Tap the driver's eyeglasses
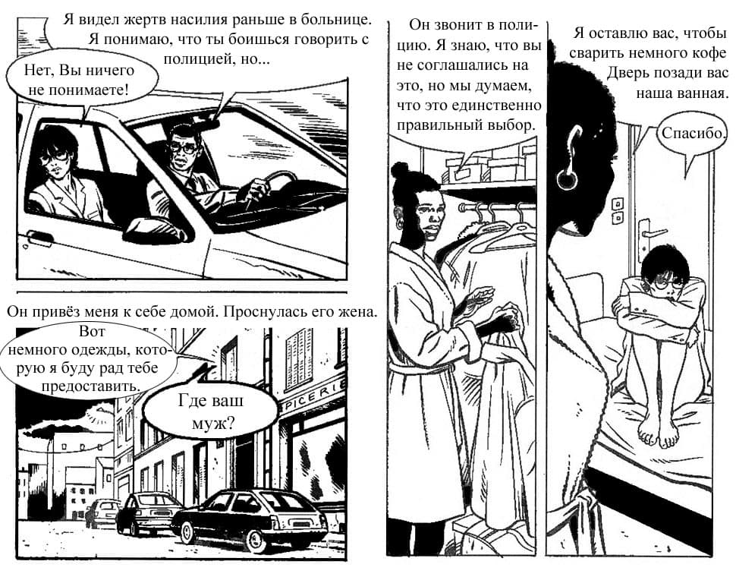(184, 148)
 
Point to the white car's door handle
(40, 237)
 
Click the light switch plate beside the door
(618, 210)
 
